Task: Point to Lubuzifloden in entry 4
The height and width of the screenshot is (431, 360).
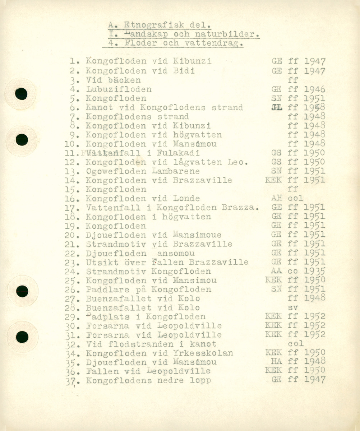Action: pyautogui.click(x=119, y=89)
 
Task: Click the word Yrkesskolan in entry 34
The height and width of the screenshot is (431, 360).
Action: pyautogui.click(x=208, y=353)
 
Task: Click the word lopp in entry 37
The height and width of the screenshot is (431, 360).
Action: pyautogui.click(x=201, y=380)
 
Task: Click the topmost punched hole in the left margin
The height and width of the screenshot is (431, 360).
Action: pyautogui.click(x=22, y=94)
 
